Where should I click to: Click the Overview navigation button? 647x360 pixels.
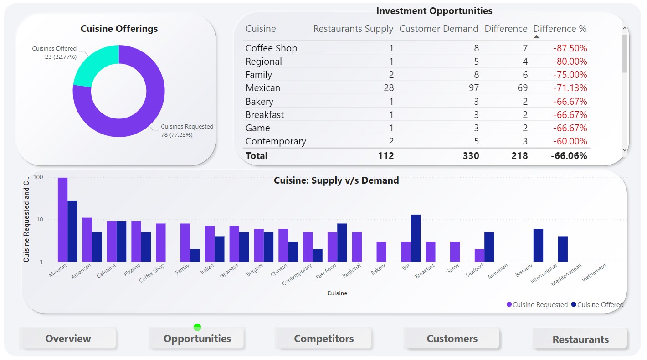pos(68,339)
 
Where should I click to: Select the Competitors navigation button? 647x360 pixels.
pos(323,339)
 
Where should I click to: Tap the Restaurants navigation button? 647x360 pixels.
pos(580,339)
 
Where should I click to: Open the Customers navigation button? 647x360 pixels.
pos(452,339)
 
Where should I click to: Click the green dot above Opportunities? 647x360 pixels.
pos(197,327)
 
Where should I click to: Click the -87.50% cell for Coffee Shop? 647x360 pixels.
pos(570,48)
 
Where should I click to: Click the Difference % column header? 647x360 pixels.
pos(560,29)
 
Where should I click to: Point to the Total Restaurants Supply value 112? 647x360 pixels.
pos(385,156)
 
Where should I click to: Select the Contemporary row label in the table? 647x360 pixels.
pos(276,141)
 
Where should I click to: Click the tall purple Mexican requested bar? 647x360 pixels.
pos(62,219)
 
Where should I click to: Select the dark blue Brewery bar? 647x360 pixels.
pos(538,245)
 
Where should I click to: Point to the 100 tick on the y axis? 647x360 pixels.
pos(38,177)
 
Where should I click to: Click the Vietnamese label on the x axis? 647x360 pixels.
pos(594,273)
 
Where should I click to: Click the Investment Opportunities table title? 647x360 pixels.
pos(434,11)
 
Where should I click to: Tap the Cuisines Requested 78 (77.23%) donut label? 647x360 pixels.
pos(187,130)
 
